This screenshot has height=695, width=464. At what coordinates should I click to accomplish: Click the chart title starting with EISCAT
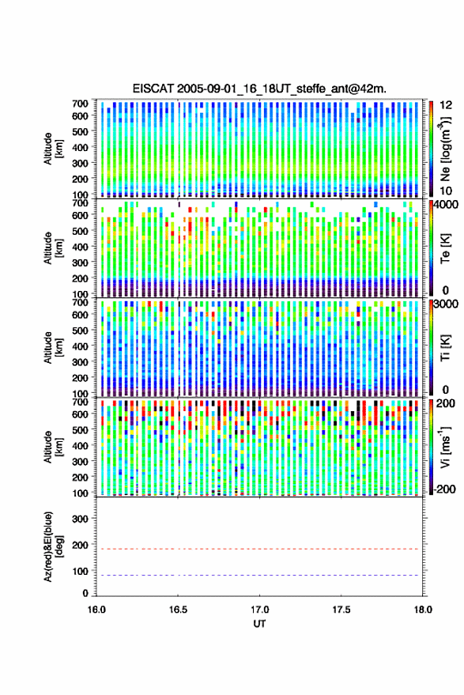(259, 89)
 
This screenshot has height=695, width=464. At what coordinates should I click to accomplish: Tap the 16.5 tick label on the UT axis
(178, 610)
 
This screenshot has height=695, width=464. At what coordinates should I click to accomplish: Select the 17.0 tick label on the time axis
(259, 610)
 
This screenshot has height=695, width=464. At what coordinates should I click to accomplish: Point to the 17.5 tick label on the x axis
(341, 610)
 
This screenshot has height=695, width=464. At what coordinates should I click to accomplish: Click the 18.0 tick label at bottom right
(423, 610)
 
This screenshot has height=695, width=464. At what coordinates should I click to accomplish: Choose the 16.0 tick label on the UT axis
(96, 610)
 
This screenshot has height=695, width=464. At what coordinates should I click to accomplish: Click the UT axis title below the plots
(259, 624)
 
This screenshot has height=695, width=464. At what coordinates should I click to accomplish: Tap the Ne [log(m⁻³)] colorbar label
(445, 149)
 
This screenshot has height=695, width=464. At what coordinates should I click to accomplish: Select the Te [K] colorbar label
(445, 248)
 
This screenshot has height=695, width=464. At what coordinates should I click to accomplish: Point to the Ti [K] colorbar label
(445, 348)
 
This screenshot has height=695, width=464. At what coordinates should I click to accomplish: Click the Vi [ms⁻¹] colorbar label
(445, 447)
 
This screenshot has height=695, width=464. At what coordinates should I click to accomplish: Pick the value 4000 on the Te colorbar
(447, 206)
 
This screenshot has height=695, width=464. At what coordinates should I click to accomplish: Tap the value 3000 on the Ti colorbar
(447, 304)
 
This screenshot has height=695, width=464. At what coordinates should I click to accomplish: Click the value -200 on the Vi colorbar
(445, 489)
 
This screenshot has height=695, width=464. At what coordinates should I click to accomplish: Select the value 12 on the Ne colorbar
(447, 105)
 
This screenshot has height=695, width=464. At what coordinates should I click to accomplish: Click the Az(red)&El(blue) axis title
(53, 546)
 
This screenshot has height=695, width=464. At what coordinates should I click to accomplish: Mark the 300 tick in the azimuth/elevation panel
(80, 519)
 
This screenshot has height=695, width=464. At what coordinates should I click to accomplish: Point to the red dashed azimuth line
(259, 550)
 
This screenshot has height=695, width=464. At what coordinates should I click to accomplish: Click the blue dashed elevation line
(259, 576)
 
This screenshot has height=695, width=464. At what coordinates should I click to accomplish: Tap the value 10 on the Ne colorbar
(447, 191)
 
